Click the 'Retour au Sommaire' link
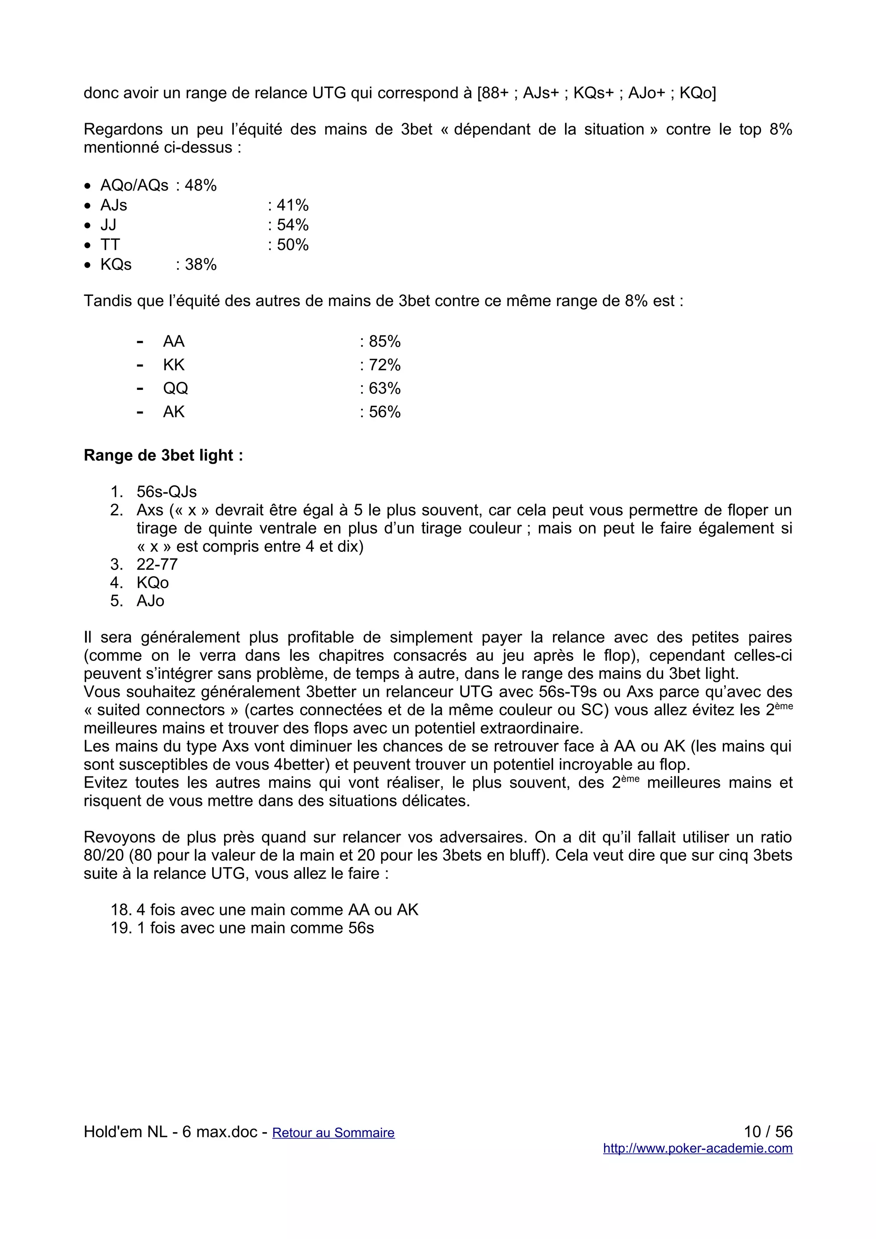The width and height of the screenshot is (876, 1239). click(x=333, y=1132)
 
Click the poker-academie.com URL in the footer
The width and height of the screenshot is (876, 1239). click(x=697, y=1148)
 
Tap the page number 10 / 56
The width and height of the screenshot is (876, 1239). click(x=767, y=1132)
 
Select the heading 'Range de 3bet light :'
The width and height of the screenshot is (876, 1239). click(x=163, y=455)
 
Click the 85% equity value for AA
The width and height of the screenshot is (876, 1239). click(x=384, y=342)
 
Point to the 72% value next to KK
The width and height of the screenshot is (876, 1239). click(x=384, y=366)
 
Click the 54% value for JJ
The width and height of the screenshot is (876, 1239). click(x=292, y=225)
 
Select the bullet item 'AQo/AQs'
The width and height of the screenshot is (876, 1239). click(x=134, y=186)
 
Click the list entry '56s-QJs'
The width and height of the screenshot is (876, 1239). click(x=167, y=492)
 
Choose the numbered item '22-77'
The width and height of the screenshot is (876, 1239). click(x=157, y=564)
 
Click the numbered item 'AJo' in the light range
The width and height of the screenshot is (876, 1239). click(x=150, y=601)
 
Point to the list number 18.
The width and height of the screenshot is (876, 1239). click(x=120, y=910)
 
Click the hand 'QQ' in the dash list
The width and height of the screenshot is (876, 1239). click(x=175, y=389)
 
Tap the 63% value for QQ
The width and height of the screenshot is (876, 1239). click(x=384, y=389)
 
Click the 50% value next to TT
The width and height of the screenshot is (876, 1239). click(x=292, y=245)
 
